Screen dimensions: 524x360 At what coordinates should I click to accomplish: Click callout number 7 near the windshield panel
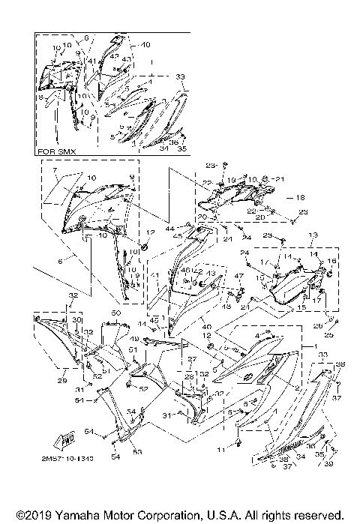(x=54, y=172)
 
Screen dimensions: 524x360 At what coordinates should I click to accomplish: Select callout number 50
(x=116, y=312)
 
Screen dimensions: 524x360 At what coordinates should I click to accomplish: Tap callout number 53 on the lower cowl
(x=117, y=452)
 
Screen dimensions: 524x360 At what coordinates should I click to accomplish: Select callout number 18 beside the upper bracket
(x=300, y=199)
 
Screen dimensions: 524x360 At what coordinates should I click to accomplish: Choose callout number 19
(x=233, y=179)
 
